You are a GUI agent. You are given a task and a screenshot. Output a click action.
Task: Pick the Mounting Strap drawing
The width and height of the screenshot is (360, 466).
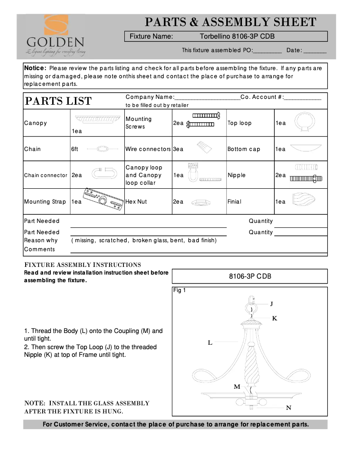click(x=103, y=197)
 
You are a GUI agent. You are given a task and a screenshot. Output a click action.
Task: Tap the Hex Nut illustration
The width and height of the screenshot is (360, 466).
click(x=201, y=203)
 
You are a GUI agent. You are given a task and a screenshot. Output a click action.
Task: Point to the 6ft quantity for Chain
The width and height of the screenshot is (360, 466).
click(x=75, y=149)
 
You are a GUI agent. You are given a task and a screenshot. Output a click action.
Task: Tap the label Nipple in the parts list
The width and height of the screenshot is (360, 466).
click(x=237, y=175)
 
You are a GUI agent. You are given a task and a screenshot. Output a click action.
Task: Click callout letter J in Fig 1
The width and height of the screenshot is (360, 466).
click(x=272, y=304)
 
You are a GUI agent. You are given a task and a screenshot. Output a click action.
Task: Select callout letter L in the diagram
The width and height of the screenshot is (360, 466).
click(x=210, y=343)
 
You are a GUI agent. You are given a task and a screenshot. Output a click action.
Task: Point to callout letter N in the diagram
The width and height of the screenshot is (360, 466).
click(x=289, y=408)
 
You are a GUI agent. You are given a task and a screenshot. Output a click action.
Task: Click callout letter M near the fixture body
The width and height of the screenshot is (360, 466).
click(x=237, y=386)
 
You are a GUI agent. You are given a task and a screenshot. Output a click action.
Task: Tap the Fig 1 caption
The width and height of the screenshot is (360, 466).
click(x=180, y=290)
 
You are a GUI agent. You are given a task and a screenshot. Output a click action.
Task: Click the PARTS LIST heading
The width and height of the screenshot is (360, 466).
click(x=58, y=101)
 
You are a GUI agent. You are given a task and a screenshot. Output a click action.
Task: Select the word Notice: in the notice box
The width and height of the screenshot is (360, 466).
click(x=35, y=68)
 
